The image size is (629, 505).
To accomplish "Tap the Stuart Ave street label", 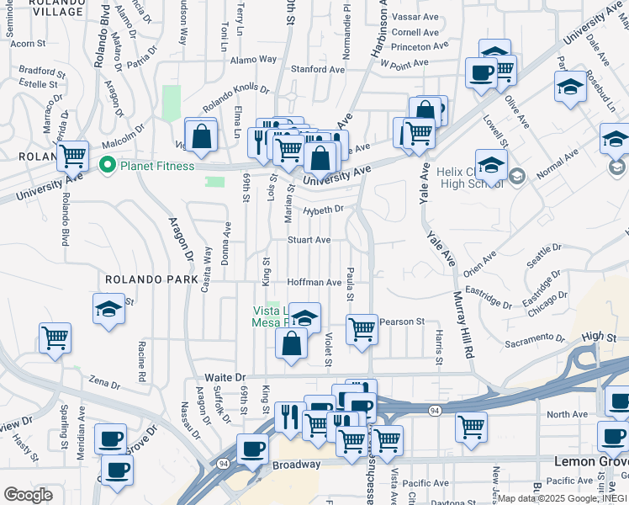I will pyautogui.click(x=309, y=240).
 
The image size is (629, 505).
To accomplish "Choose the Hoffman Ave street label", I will pyautogui.click(x=314, y=283).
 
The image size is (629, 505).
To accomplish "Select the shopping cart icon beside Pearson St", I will pyautogui.click(x=362, y=329).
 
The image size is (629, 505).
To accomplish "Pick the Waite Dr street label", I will pyautogui.click(x=225, y=378).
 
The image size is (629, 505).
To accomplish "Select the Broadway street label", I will pyautogui.click(x=296, y=465).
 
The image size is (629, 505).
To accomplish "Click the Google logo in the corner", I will pyautogui.click(x=28, y=494).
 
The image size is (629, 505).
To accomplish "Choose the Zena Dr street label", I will pyautogui.click(x=104, y=383).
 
